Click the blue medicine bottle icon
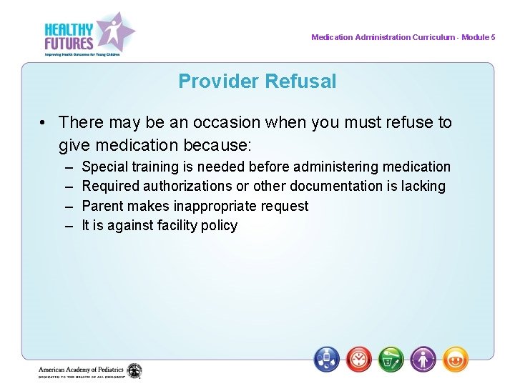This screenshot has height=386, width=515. click(x=327, y=358)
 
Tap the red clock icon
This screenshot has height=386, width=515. click(x=359, y=358)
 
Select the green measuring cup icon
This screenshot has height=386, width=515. click(x=391, y=358)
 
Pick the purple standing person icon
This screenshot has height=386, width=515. click(x=423, y=358)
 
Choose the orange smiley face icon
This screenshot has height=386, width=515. click(x=456, y=358)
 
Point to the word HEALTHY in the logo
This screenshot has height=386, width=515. click(x=69, y=30)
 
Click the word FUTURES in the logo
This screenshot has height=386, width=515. click(x=69, y=44)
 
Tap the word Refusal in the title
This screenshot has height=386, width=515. click(x=300, y=81)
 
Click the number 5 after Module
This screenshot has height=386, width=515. click(x=493, y=37)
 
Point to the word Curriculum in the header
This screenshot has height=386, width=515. click(x=433, y=37)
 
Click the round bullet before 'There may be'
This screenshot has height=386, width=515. click(x=44, y=123)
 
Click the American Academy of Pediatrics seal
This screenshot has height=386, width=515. click(x=134, y=371)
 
